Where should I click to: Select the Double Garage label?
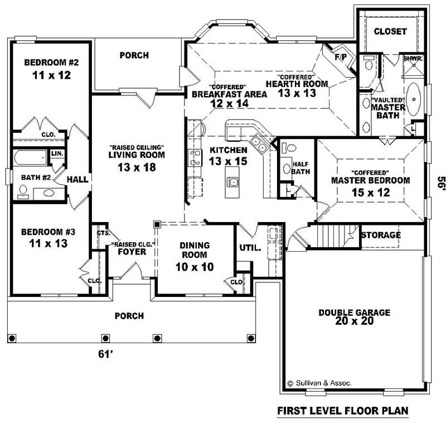354,313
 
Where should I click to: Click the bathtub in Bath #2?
31,157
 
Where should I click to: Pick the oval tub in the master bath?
414,99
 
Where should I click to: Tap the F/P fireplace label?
341,57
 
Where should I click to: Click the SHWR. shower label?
413,58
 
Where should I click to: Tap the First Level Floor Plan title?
343,411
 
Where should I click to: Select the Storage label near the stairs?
381,235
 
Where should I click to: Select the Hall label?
76,179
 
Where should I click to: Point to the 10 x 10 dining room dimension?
195,267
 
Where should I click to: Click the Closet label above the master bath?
390,31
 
